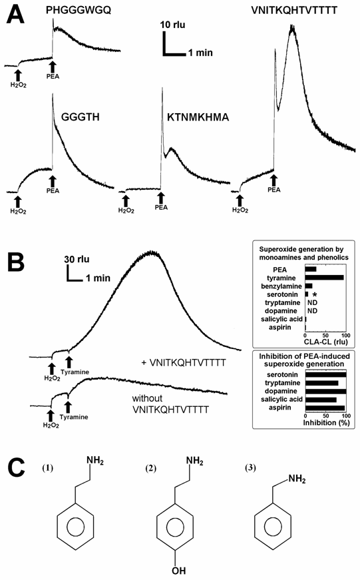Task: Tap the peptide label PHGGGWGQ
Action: (x=76, y=11)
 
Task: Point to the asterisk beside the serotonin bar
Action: (x=314, y=294)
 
